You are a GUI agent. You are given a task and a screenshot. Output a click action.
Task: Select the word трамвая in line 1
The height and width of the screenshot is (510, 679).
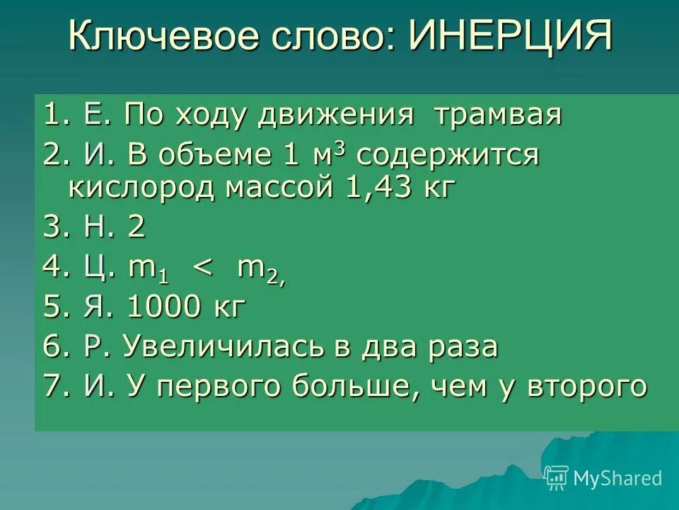click(x=498, y=115)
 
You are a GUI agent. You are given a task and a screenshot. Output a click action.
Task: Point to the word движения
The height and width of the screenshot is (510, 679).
click(x=336, y=115)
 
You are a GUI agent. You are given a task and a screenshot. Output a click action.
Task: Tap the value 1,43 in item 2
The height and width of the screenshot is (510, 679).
click(x=379, y=188)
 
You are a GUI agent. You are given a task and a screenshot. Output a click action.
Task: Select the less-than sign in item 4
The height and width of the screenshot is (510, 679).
click(x=202, y=269)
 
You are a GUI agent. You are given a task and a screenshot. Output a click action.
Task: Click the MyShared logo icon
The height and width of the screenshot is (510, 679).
click(x=556, y=478)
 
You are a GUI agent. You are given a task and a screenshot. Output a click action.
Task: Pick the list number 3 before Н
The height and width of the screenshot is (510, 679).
click(x=52, y=228)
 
